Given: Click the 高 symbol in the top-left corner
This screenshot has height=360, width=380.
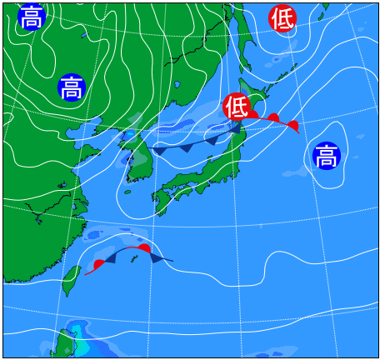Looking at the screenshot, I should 31,17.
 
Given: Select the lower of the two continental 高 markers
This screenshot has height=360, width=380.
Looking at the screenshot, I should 72,87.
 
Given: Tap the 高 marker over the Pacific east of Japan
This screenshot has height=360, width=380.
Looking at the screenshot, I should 326,156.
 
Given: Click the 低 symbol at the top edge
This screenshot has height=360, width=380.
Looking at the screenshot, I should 282,18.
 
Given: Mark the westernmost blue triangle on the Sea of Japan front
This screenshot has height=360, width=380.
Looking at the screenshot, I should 159,151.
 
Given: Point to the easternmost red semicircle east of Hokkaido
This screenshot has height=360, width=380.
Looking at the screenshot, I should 292,126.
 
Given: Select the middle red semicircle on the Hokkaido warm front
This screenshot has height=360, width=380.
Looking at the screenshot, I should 272,118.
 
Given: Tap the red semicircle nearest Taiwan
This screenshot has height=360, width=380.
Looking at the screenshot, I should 99,264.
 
